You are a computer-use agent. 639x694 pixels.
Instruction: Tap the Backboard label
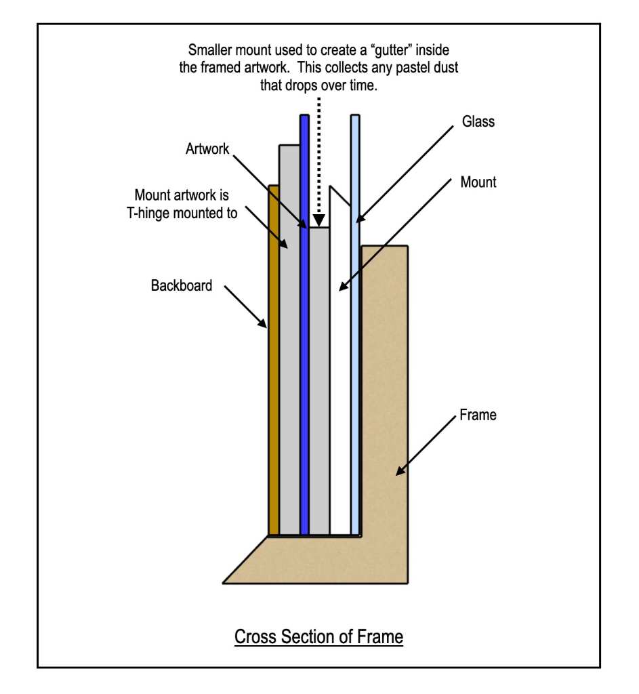(x=181, y=285)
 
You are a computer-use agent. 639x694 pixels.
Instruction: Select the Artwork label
(x=208, y=148)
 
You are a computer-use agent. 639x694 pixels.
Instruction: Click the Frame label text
(x=478, y=414)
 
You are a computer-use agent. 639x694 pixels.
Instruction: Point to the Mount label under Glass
(x=478, y=182)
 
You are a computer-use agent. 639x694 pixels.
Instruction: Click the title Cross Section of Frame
(x=318, y=637)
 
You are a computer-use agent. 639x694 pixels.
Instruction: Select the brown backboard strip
(x=273, y=359)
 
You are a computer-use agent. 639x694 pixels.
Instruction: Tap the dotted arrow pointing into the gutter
(x=318, y=169)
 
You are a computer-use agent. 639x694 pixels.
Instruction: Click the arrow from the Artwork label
(x=268, y=190)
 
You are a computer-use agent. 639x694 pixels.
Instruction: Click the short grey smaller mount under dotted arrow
(x=319, y=380)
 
